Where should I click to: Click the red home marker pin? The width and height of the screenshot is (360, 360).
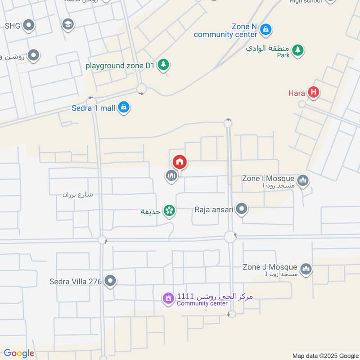coord(180,162)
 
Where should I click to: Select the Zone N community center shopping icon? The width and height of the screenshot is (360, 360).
coord(266,30)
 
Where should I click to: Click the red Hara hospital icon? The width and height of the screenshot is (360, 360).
coord(314,93)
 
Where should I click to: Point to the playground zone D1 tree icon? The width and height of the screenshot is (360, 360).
coord(164,65)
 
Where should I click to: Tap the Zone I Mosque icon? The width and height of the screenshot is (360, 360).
coord(303,180)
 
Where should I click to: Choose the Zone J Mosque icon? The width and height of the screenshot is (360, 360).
coord(306,269)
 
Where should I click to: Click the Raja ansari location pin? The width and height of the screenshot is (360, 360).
coord(242,209)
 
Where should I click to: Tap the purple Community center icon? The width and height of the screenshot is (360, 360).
coord(168,298)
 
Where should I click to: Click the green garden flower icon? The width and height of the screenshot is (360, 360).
coord(169,210)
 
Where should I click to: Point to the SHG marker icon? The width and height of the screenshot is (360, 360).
coord(29,26)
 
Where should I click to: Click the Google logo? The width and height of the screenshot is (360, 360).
coord(18,353)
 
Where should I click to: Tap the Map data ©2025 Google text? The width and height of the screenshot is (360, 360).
coord(325,355)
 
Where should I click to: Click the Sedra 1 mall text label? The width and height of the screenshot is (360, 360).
coord(94,108)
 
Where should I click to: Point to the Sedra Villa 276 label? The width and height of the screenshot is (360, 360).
coord(75,282)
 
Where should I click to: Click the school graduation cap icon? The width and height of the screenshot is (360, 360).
coord(68,23)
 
